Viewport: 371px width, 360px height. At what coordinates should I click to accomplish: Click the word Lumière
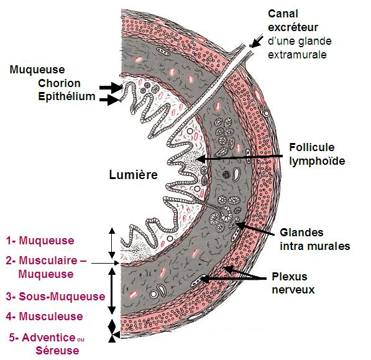[133, 175]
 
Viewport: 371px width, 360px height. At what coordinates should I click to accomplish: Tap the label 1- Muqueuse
[40, 241]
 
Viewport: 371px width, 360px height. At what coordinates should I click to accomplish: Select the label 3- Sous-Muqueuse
[55, 297]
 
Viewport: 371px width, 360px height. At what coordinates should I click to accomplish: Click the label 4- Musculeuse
[44, 316]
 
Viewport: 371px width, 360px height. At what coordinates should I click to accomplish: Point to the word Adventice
[48, 337]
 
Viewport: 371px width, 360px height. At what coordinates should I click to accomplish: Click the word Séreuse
[57, 351]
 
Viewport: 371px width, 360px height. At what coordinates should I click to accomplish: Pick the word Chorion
[59, 83]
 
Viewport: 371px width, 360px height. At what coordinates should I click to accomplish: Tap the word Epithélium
[66, 96]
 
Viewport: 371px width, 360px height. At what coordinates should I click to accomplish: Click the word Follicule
[311, 147]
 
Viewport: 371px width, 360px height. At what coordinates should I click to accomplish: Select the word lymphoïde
[317, 161]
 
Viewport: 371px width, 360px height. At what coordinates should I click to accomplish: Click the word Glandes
[301, 233]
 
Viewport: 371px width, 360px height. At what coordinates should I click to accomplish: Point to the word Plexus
[290, 277]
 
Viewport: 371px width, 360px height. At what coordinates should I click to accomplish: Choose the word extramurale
[297, 55]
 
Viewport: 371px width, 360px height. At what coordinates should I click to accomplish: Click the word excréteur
[293, 27]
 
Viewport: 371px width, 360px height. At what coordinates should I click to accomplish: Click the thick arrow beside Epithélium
[110, 99]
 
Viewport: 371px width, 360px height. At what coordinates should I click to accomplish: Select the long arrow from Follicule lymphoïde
[239, 158]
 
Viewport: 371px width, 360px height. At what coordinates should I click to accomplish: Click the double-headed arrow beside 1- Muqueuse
[112, 243]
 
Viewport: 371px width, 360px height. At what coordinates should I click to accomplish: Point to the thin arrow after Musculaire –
[105, 263]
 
